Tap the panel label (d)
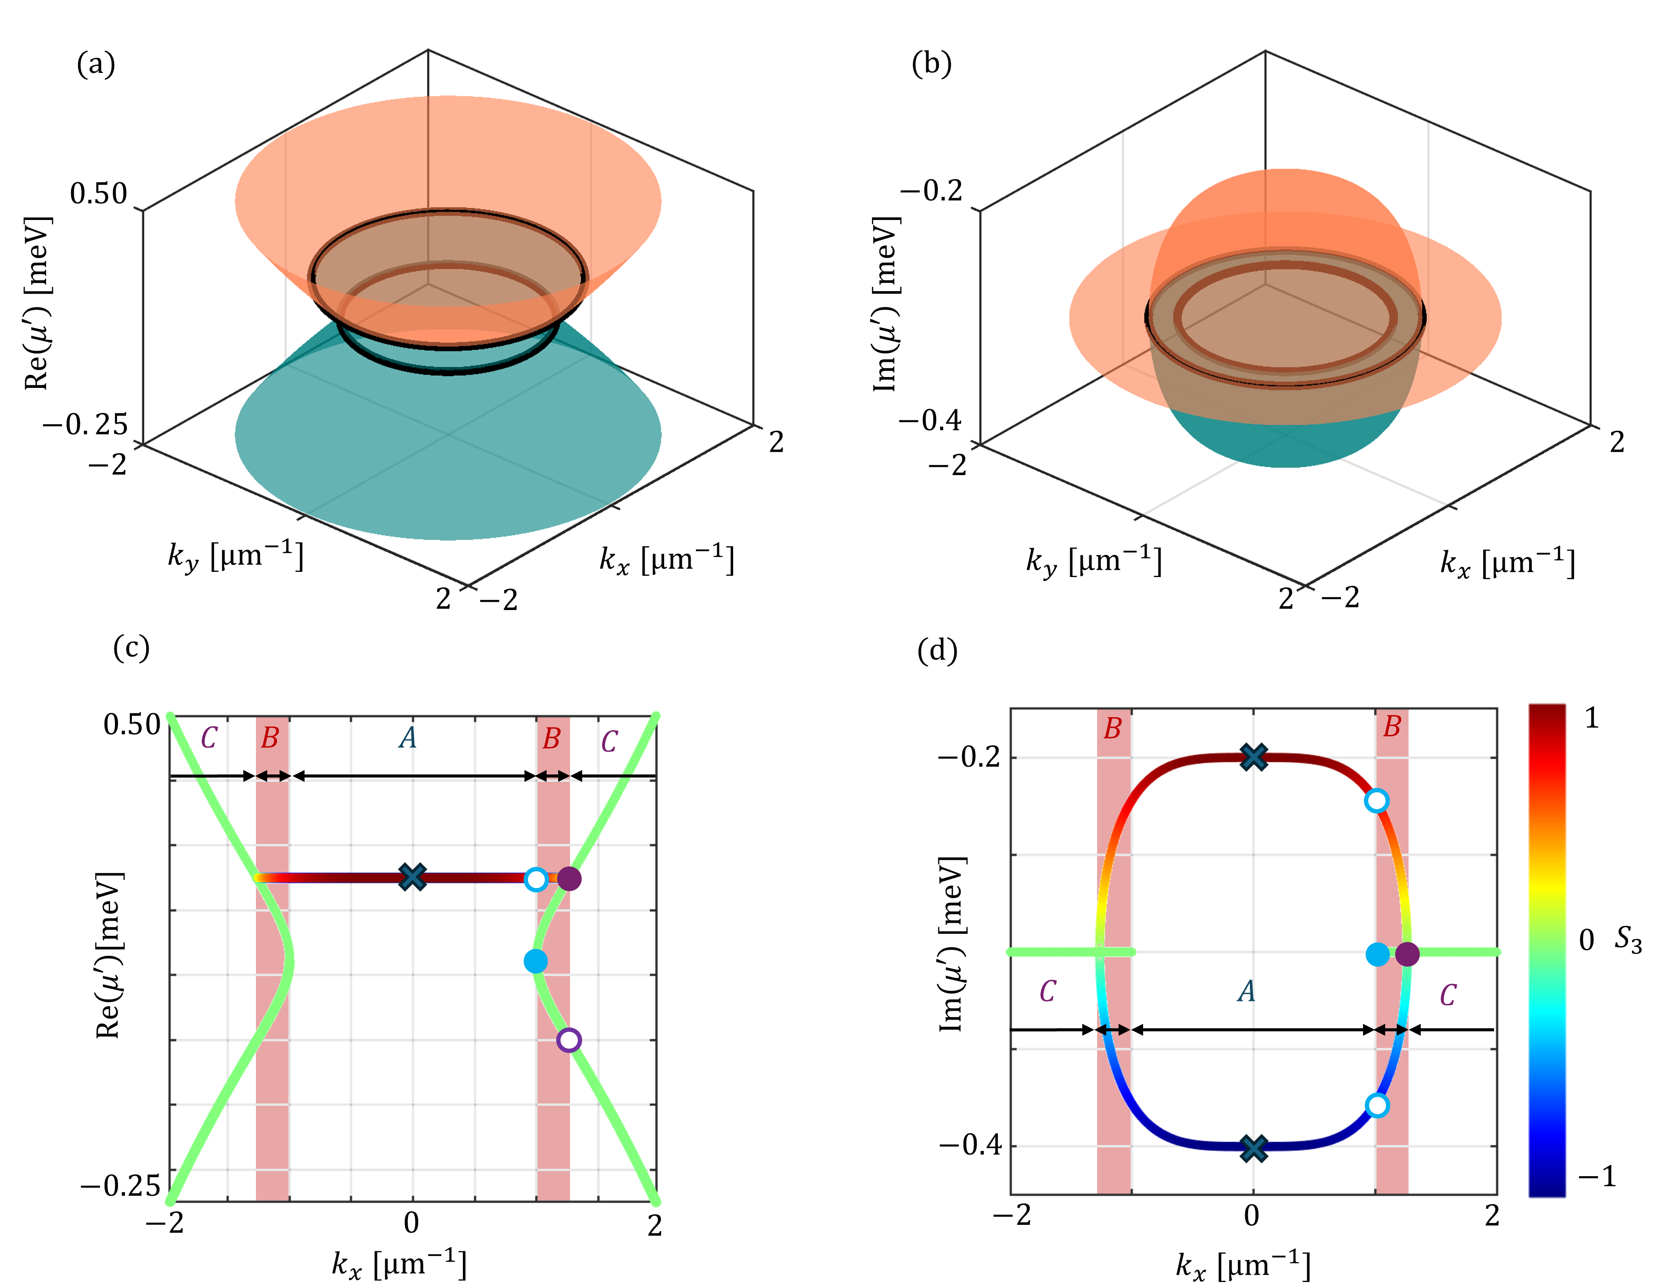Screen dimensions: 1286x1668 click(x=936, y=651)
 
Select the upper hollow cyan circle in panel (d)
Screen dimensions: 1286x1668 click(x=1376, y=800)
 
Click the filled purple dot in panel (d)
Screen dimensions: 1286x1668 click(x=1407, y=954)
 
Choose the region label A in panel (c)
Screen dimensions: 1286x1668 click(x=408, y=738)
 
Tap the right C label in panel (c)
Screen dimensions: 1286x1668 click(x=609, y=741)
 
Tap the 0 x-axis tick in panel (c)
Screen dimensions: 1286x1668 click(x=412, y=1224)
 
